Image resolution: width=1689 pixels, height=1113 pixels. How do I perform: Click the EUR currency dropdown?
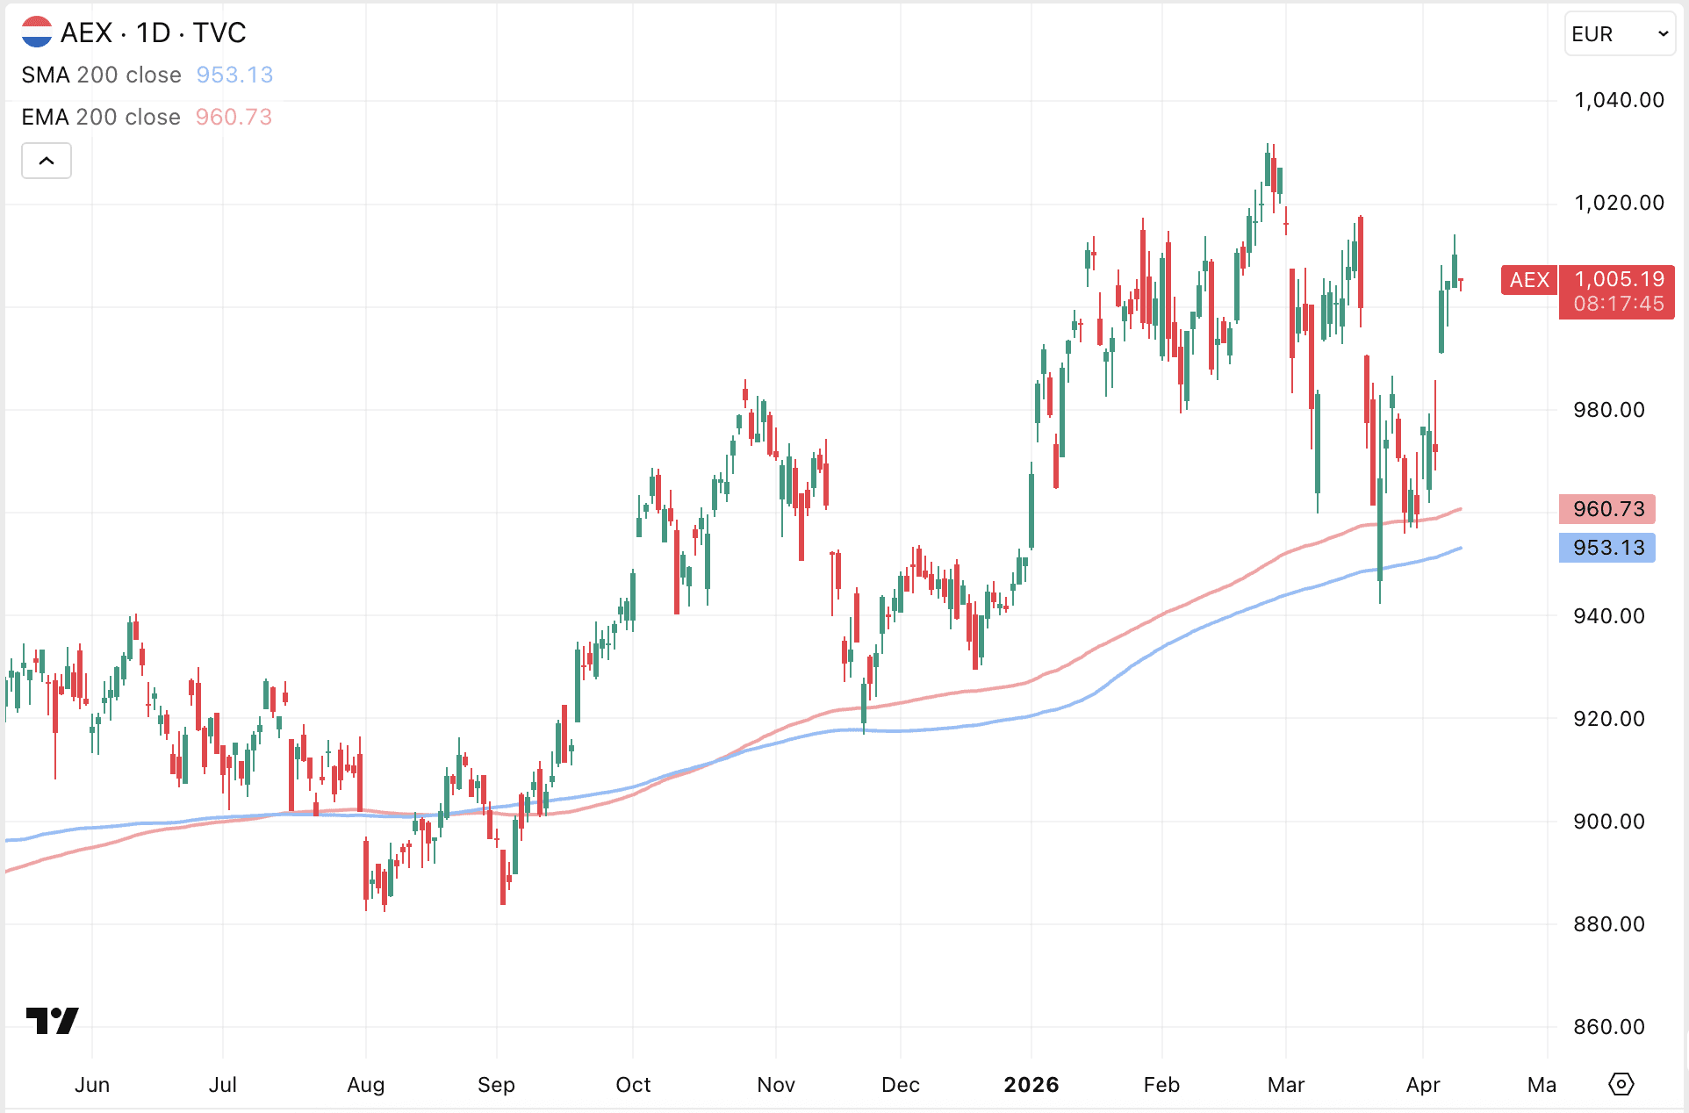pos(1620,34)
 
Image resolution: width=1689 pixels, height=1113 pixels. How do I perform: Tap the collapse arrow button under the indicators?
pos(47,161)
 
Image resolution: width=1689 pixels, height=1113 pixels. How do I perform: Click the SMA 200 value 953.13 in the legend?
pos(234,75)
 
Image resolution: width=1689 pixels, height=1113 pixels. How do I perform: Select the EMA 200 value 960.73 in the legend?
pos(234,117)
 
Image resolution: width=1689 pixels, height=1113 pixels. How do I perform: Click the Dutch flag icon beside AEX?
pos(37,32)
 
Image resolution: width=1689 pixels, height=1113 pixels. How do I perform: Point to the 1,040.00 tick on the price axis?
pos(1619,100)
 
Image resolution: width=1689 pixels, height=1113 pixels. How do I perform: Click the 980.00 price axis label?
pos(1609,410)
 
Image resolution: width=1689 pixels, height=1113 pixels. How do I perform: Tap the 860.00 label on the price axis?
pos(1609,1026)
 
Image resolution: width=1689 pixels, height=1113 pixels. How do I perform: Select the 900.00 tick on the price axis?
pos(1609,822)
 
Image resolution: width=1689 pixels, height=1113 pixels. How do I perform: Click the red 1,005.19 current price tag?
pos(1619,279)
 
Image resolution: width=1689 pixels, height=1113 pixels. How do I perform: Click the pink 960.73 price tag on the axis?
pos(1608,509)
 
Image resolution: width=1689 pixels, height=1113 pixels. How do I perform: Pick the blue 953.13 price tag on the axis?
pos(1608,548)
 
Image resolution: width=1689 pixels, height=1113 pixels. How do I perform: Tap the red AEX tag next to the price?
pos(1529,280)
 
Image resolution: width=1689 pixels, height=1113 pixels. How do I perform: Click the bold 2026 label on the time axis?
pos(1031,1085)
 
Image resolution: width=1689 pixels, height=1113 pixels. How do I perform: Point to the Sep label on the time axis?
pos(496,1085)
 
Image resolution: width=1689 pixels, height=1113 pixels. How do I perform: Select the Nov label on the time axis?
pos(776,1085)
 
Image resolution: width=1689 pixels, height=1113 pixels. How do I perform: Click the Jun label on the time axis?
pos(92,1085)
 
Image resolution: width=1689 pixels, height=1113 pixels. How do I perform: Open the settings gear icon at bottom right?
pos(1621,1084)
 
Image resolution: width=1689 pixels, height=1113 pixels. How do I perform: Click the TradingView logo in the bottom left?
pos(53,1020)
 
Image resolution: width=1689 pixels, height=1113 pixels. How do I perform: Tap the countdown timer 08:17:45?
pos(1619,304)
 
